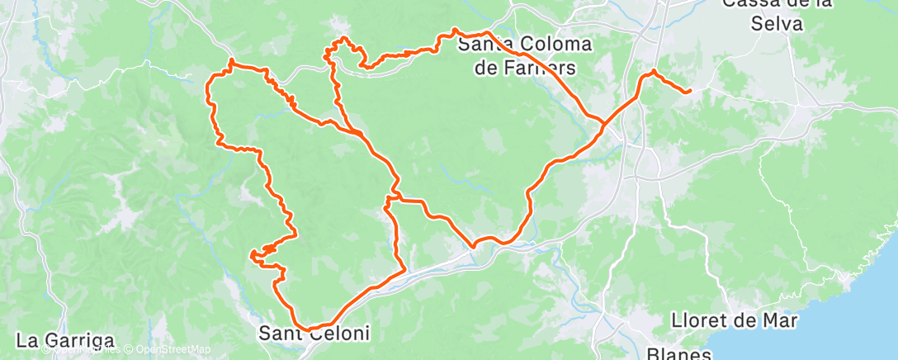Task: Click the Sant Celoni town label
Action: click(314, 334)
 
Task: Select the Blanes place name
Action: click(679, 353)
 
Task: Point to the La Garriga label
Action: click(64, 339)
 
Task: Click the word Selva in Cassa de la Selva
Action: click(777, 24)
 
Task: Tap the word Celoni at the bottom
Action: click(338, 334)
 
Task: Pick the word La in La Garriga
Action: click(27, 339)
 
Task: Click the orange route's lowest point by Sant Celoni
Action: click(310, 329)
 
